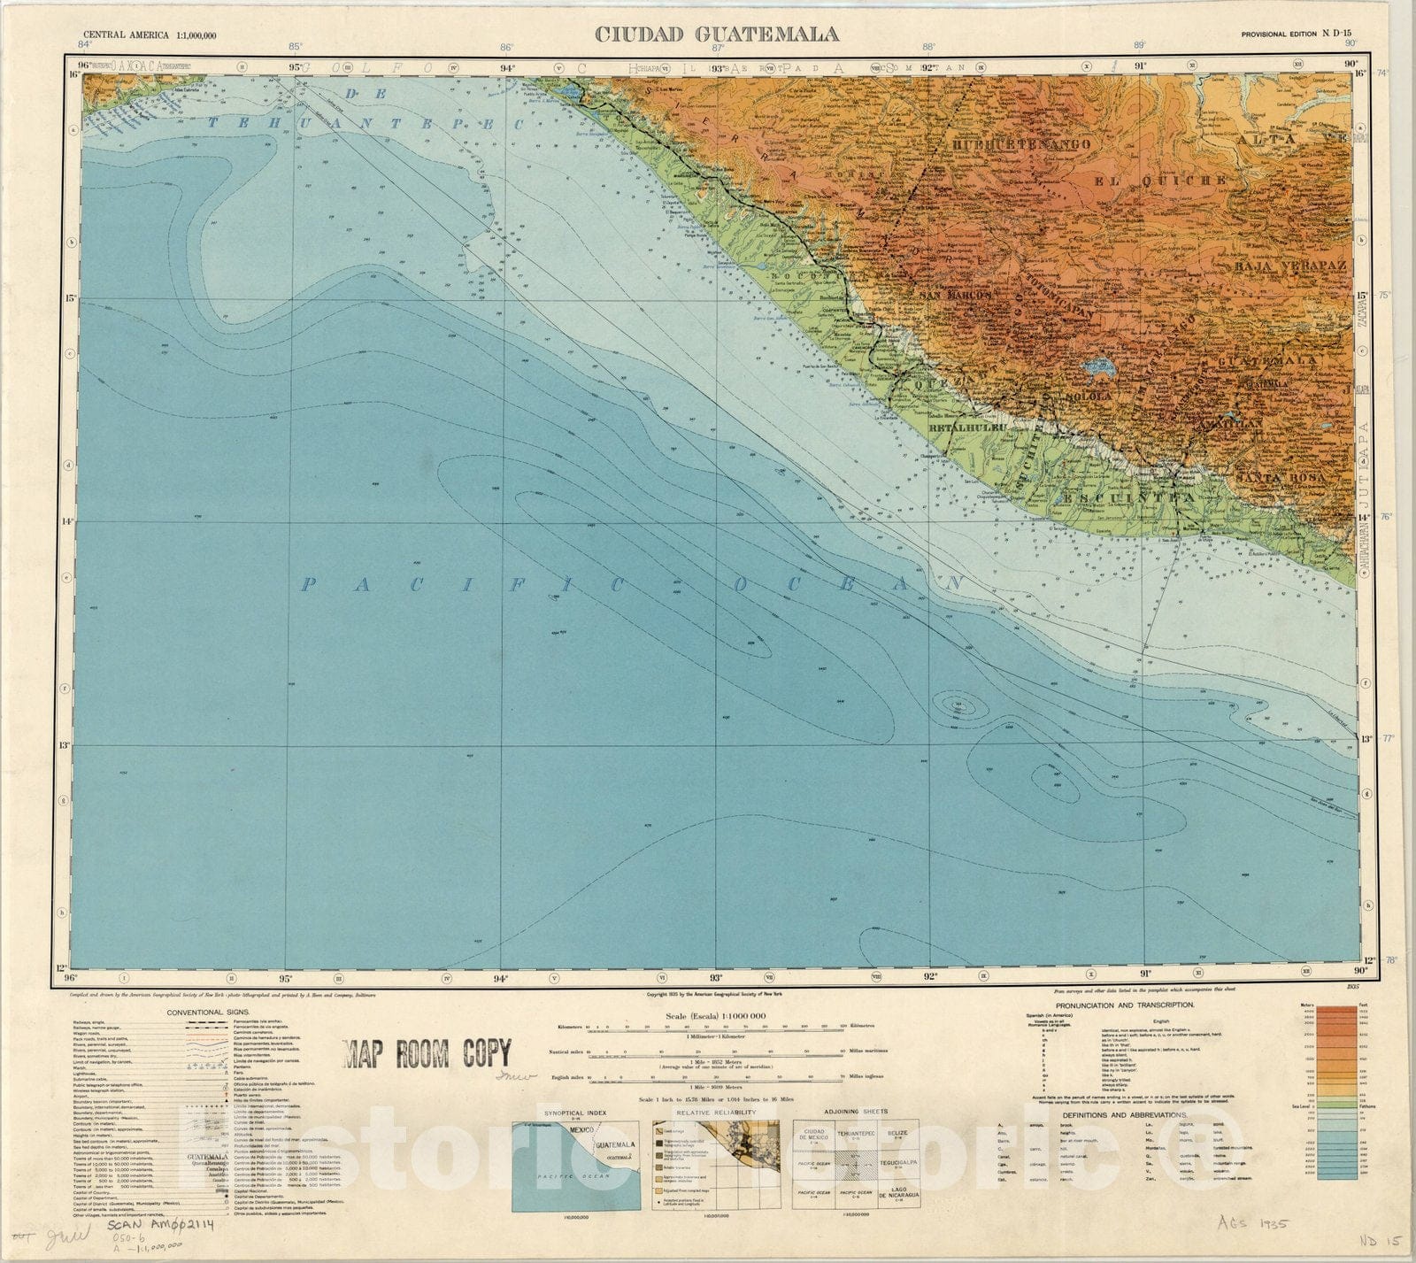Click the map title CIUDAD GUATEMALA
tap(716, 35)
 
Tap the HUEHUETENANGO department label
tap(1021, 143)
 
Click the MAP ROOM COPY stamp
tap(427, 1054)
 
